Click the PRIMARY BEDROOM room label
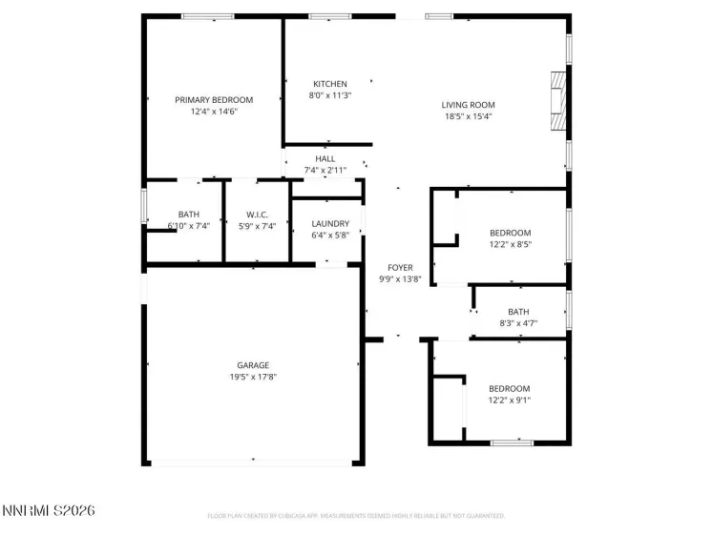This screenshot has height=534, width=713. [213, 100]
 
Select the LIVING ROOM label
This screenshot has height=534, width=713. [468, 105]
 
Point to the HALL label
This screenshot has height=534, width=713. [325, 159]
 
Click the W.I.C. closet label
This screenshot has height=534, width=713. [257, 215]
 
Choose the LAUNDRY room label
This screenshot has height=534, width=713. [330, 224]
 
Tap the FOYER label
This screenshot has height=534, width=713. [400, 268]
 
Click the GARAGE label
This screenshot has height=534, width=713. [253, 365]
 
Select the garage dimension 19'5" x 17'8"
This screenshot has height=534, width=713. [253, 377]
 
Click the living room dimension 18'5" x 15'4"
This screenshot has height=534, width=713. [468, 116]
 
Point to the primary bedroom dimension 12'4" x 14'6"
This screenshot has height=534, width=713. [213, 112]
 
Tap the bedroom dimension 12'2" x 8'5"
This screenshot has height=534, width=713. [510, 244]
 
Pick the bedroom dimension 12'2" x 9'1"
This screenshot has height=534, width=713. [510, 400]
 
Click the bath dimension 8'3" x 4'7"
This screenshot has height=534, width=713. [518, 323]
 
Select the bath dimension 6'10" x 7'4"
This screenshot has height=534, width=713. [188, 226]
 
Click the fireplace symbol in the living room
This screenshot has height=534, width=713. [556, 100]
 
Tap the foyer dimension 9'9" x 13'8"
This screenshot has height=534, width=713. [400, 279]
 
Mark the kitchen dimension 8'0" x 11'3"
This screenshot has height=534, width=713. [330, 95]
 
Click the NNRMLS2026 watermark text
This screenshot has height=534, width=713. [49, 511]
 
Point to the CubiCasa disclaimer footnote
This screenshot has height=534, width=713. [356, 516]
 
